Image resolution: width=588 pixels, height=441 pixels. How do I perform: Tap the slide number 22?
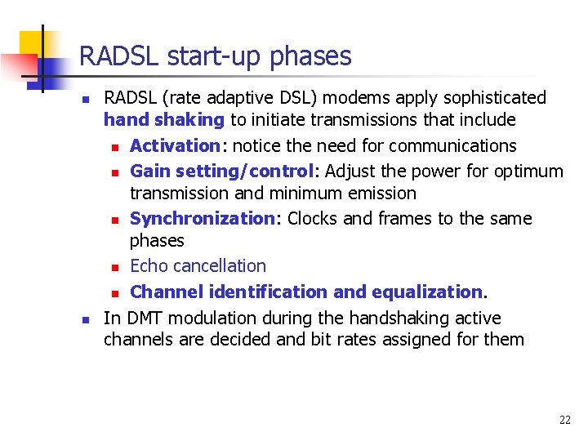[x=565, y=420]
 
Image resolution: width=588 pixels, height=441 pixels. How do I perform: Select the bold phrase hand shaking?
[x=163, y=120]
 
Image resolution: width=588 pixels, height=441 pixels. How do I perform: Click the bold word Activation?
[x=174, y=146]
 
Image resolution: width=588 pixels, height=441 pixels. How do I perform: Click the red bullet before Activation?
[x=116, y=148]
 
